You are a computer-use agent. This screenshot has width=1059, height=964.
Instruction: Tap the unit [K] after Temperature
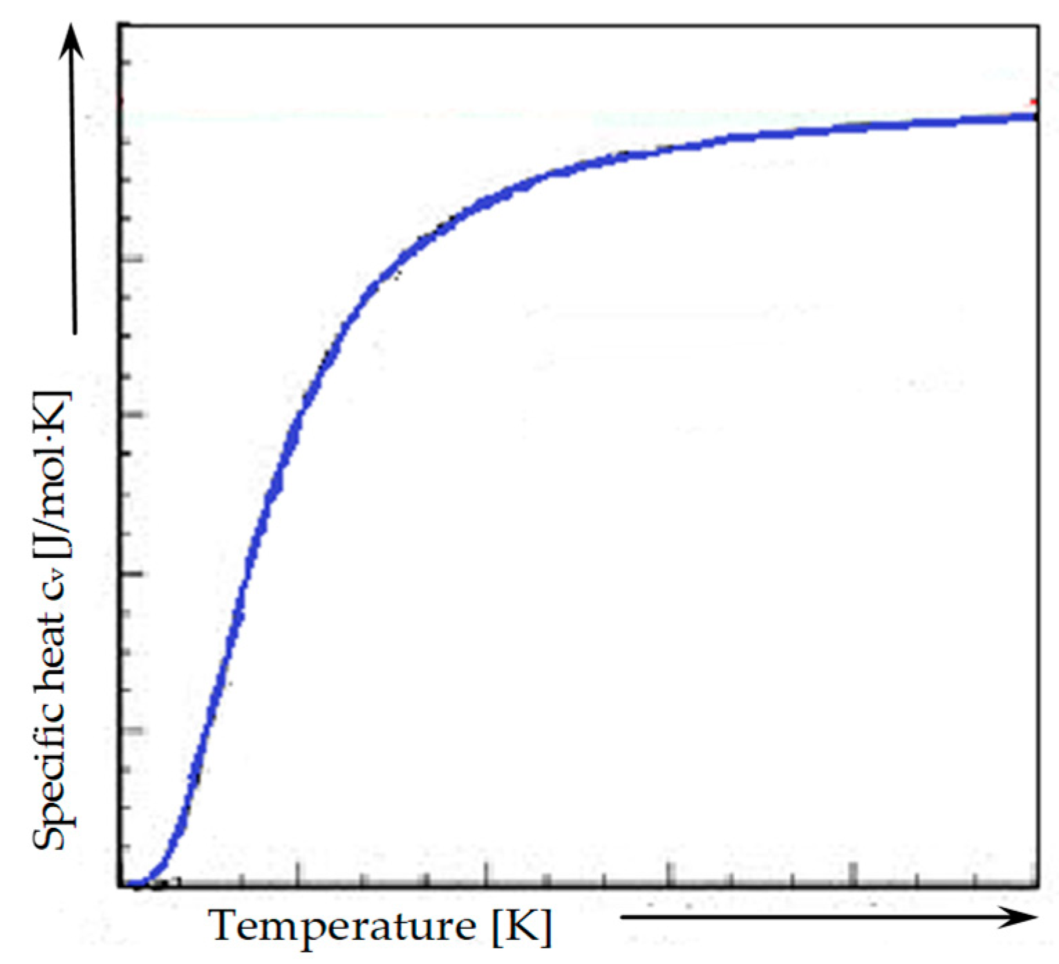click(x=522, y=927)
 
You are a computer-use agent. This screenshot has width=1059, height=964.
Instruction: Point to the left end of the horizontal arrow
click(x=622, y=918)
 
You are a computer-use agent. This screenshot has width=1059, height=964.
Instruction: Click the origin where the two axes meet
click(x=120, y=884)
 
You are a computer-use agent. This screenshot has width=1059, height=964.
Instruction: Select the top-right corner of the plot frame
click(x=1038, y=26)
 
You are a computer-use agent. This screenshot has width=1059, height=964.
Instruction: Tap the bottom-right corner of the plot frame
click(x=1038, y=884)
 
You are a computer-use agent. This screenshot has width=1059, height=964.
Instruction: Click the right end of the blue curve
click(x=1034, y=116)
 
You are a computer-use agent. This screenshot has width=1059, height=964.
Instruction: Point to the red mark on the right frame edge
click(x=1035, y=101)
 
